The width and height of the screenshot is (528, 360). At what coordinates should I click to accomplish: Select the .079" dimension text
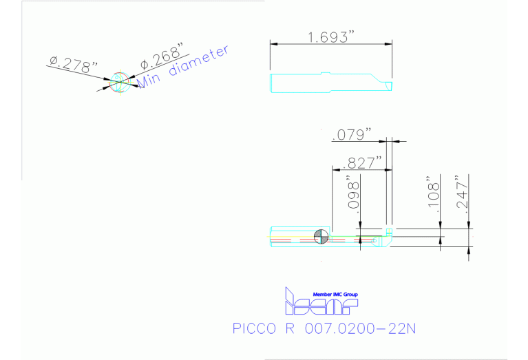(352, 134)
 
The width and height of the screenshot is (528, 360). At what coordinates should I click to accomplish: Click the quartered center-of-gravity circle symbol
(320, 236)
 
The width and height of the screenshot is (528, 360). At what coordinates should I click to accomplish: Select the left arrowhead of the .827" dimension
(335, 169)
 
